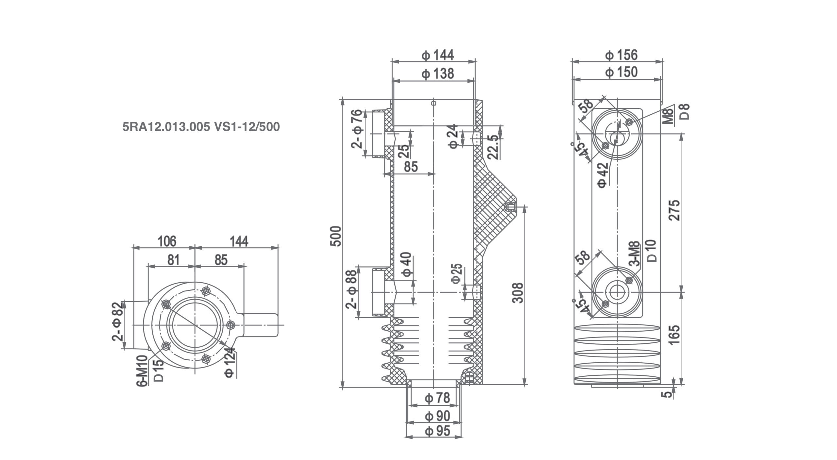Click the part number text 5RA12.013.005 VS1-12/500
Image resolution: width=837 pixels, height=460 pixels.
(201, 127)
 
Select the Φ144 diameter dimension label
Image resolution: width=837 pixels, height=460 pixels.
(437, 55)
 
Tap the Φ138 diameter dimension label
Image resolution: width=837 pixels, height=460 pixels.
(437, 74)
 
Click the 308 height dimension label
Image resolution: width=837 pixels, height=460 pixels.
(518, 293)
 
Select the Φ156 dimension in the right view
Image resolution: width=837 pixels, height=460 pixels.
(621, 55)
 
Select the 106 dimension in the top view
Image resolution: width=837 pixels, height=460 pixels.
(167, 241)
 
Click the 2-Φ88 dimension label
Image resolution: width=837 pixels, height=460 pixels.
(352, 289)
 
